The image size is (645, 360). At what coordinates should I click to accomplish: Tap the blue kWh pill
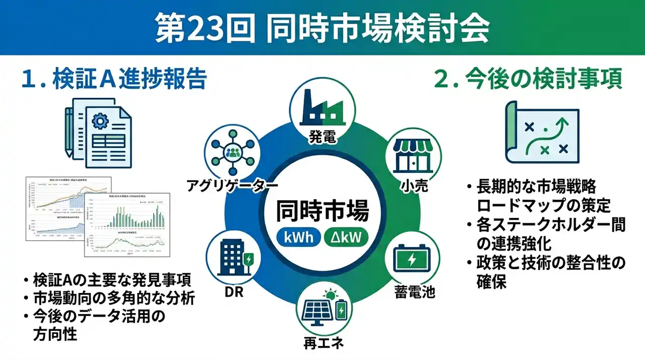tap(299, 236)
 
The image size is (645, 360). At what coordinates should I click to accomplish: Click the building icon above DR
tap(233, 260)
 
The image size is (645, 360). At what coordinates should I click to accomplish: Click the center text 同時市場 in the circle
tap(322, 210)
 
